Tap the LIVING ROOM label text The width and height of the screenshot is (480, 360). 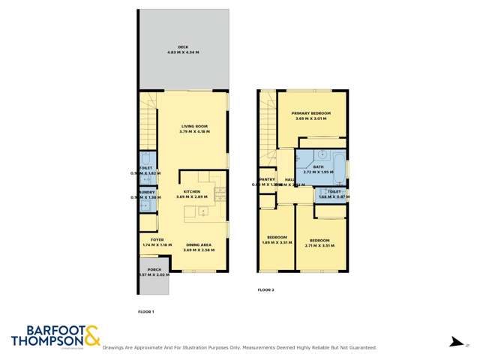tap(193, 126)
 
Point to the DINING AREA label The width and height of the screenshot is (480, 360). tap(198, 244)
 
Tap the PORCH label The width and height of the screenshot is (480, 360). tap(154, 269)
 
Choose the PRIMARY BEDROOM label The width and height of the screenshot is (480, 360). tap(311, 113)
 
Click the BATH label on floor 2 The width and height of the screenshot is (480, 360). tap(318, 166)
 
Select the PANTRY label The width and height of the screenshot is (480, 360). tap(266, 179)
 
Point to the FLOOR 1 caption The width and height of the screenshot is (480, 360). tap(146, 311)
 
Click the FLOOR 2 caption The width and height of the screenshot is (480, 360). tap(266, 289)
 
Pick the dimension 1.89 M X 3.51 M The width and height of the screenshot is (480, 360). tap(277, 243)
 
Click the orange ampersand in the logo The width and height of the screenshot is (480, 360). tap(91, 335)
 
